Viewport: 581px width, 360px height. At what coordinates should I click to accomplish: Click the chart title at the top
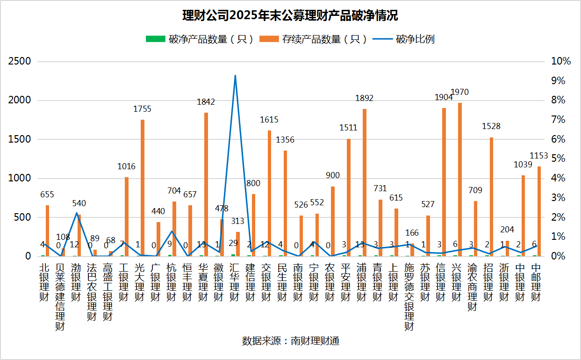click(x=290, y=16)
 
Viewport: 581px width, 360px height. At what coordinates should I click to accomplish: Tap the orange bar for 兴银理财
click(x=460, y=180)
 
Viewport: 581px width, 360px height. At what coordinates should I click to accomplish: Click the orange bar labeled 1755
click(x=143, y=188)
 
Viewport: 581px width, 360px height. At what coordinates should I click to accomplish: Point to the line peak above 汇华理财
click(x=235, y=75)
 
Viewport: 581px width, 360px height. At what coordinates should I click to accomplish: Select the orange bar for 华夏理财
click(x=206, y=184)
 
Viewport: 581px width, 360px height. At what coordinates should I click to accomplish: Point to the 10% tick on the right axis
click(x=561, y=61)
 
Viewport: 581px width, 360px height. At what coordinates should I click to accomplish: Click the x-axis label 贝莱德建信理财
click(x=60, y=296)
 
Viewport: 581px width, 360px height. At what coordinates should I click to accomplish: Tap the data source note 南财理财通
click(x=290, y=341)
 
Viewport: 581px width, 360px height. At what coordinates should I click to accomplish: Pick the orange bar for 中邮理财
click(x=539, y=211)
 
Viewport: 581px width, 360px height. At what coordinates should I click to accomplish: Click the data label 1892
click(x=365, y=98)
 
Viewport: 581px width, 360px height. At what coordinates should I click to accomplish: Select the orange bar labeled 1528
click(x=492, y=197)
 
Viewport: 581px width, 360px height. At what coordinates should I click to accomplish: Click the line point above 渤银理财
click(x=77, y=213)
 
